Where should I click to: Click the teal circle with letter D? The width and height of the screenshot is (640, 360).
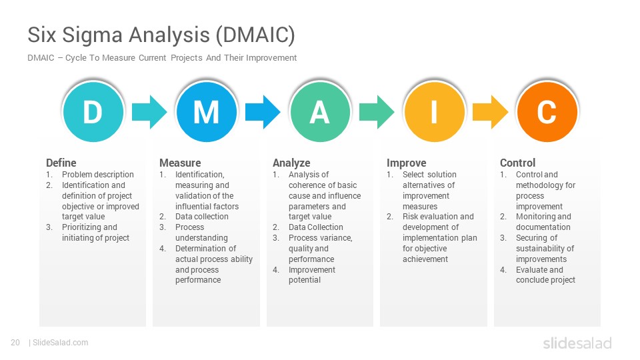(93, 111)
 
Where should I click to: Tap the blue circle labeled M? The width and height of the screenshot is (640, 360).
(207, 111)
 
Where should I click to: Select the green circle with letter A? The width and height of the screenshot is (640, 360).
(320, 111)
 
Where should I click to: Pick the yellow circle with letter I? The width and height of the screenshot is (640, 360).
(434, 111)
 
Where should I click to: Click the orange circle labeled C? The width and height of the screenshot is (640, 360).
(547, 111)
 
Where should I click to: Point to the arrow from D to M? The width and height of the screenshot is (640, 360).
(149, 112)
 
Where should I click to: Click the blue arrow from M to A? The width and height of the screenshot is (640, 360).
(263, 112)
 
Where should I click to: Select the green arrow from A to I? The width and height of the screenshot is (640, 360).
(377, 112)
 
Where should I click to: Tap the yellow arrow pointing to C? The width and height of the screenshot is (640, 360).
(490, 112)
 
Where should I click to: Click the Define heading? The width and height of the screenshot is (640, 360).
(61, 163)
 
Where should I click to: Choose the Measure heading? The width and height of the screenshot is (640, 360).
(180, 163)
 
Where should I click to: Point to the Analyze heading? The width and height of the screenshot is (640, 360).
(291, 163)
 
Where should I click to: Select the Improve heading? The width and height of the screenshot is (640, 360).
(407, 163)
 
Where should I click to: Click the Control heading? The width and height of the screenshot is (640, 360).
(517, 163)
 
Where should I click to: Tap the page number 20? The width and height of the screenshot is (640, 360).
(15, 343)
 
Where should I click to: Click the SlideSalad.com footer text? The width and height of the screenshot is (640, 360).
(60, 343)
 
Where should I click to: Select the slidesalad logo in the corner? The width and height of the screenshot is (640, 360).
(577, 343)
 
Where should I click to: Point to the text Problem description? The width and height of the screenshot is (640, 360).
(98, 174)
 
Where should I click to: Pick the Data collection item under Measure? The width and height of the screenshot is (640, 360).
(202, 216)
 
